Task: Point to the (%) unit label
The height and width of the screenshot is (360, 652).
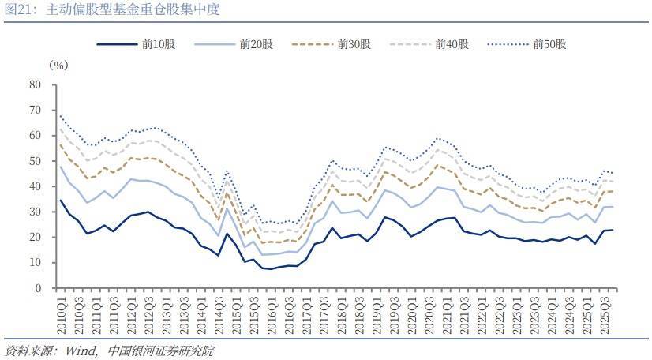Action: (59, 66)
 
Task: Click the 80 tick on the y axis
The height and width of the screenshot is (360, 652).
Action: (35, 84)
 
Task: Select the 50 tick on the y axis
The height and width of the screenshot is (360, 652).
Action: (35, 161)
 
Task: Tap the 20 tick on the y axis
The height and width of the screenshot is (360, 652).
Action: (35, 238)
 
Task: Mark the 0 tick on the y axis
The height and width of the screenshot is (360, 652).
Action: (38, 288)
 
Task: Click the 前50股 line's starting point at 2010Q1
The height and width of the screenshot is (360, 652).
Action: (60, 116)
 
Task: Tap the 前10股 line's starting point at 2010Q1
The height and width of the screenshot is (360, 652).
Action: (60, 200)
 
